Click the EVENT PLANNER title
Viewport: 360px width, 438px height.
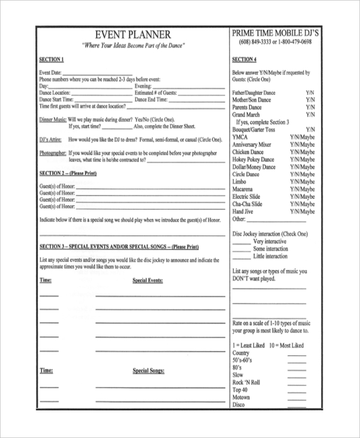(x=133, y=35)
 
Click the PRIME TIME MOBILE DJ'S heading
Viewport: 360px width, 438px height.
(x=275, y=34)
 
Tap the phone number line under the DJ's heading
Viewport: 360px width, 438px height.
(x=275, y=43)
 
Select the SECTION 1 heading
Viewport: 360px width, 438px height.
(x=51, y=60)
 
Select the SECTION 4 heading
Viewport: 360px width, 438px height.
(x=244, y=60)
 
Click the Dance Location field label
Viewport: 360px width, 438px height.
(x=55, y=93)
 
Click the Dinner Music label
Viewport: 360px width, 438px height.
(x=52, y=119)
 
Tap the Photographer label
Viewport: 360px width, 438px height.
(x=53, y=153)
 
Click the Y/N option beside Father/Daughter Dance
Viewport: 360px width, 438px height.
(x=310, y=94)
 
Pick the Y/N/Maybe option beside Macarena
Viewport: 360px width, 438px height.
(x=302, y=189)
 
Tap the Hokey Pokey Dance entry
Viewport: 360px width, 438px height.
(x=253, y=160)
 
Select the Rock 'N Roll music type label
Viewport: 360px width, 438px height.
(x=246, y=382)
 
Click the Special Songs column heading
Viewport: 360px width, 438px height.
(x=148, y=371)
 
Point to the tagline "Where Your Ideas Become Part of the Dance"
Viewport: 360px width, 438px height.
(x=133, y=46)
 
